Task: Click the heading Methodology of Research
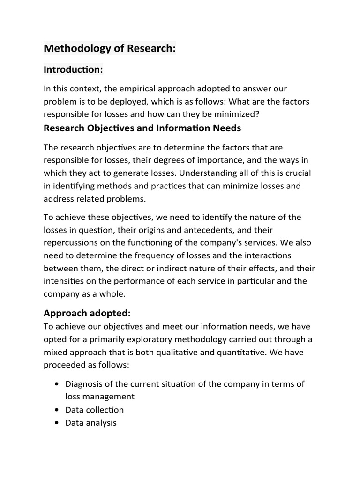[109, 48]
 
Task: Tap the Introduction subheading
[73, 69]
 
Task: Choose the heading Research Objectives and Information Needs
[142, 128]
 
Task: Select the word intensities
[66, 281]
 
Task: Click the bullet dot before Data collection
[56, 410]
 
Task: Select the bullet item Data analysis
[90, 422]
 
